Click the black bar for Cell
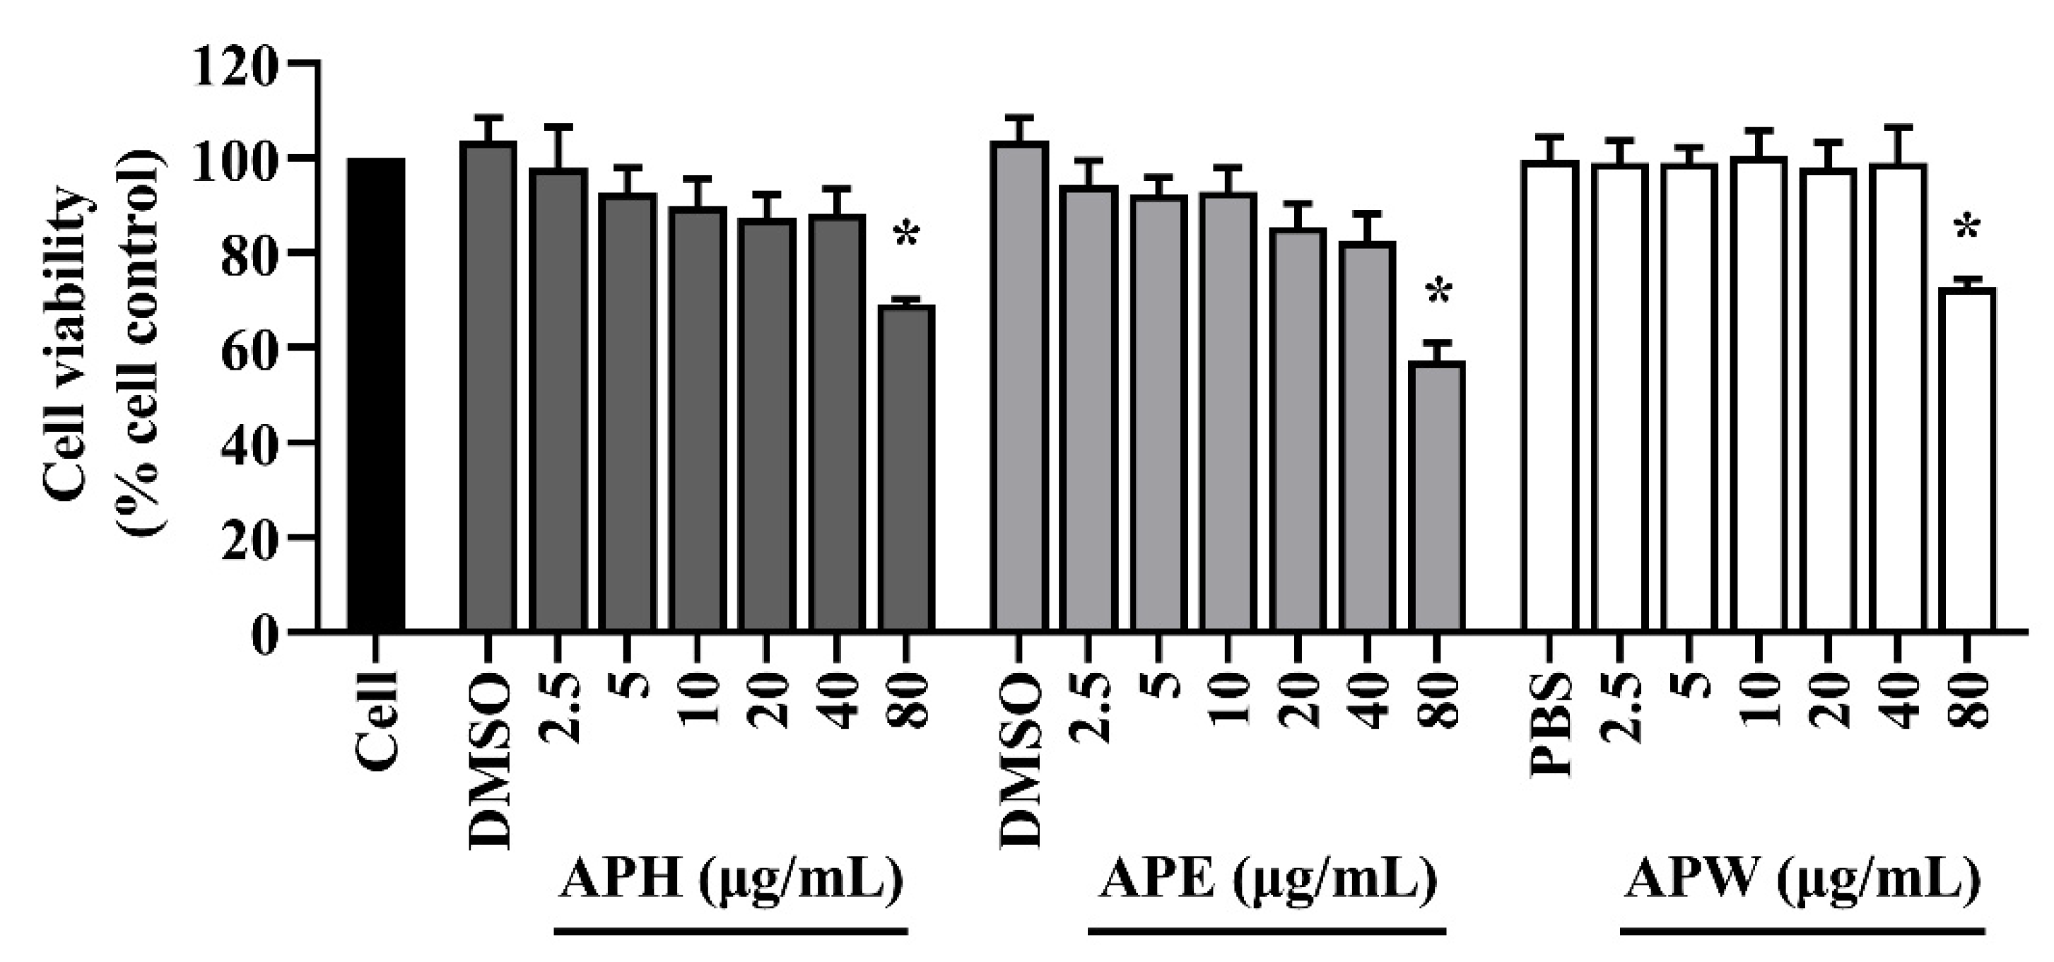376,395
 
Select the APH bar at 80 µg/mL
908,468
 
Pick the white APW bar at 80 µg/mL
1966,460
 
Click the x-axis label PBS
1550,725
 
